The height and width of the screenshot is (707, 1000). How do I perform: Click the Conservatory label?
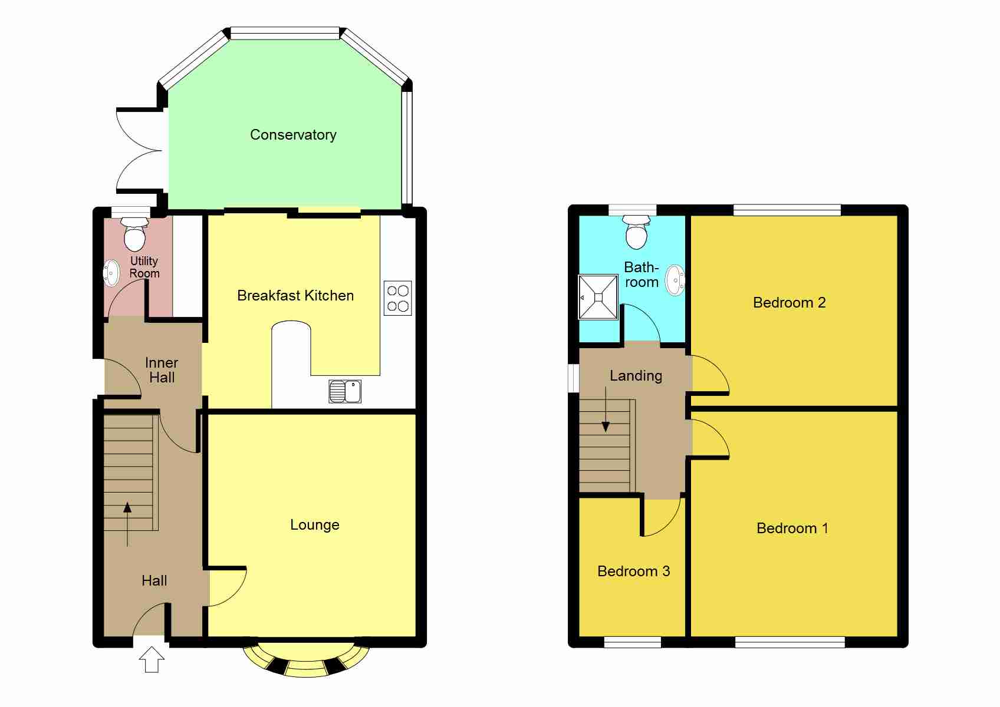(293, 135)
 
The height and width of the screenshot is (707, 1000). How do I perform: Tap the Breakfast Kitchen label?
(295, 296)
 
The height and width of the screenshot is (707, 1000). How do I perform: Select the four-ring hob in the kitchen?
(397, 298)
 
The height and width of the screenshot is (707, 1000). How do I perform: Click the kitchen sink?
(345, 391)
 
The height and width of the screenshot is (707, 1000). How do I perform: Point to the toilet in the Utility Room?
(135, 234)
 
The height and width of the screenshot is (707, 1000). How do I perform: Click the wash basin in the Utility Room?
(111, 273)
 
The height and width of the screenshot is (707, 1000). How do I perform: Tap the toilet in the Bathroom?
(637, 232)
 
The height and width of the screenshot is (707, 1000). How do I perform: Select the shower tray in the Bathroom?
(598, 297)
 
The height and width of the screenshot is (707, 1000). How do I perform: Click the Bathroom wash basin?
(675, 280)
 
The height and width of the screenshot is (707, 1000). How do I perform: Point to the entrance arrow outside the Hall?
(152, 659)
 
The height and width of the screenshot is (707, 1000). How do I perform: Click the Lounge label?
(315, 525)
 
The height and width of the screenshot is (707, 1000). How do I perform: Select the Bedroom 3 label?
(633, 571)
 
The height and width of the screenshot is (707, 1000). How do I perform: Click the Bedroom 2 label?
(789, 303)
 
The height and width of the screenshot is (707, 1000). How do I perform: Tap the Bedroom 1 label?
(792, 528)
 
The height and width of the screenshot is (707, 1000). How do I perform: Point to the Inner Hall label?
(162, 370)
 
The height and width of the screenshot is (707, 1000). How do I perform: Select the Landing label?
(636, 376)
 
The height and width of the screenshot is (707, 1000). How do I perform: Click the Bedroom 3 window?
(632, 642)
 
